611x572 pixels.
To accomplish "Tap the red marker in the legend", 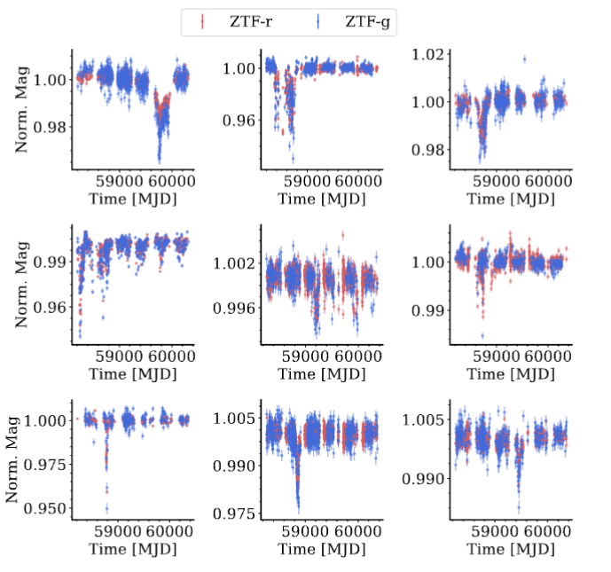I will tap(202, 20).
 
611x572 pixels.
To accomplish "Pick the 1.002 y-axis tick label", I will tap(234, 263).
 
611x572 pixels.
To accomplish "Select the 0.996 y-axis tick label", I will tap(234, 308).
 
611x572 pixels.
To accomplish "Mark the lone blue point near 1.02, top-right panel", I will tap(525, 59).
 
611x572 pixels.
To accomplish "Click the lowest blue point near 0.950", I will tap(106, 508).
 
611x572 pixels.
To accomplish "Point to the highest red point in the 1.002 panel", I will tap(342, 235).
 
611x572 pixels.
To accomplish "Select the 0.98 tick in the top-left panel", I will tap(50, 126).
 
